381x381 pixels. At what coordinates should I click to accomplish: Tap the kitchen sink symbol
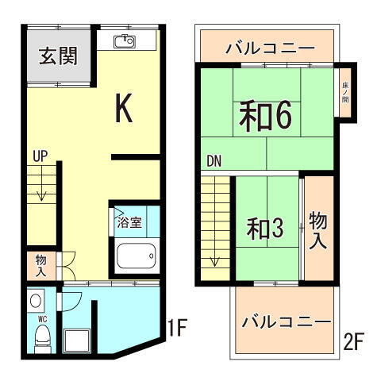[x=125, y=41]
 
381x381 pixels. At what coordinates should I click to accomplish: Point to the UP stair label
[x=40, y=157]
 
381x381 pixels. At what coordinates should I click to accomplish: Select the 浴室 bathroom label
[x=129, y=222]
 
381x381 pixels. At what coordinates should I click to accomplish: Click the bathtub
[x=137, y=255]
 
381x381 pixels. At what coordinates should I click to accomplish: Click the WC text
[x=41, y=318]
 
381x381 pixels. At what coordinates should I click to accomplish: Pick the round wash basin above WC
[x=37, y=300]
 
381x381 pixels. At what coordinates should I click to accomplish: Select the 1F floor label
[x=178, y=326]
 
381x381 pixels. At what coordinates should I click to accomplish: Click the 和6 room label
[x=266, y=117]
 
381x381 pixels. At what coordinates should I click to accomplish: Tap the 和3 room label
[x=264, y=229]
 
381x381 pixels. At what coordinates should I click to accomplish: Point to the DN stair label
[x=214, y=161]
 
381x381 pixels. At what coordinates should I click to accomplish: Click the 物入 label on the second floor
[x=318, y=229]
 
